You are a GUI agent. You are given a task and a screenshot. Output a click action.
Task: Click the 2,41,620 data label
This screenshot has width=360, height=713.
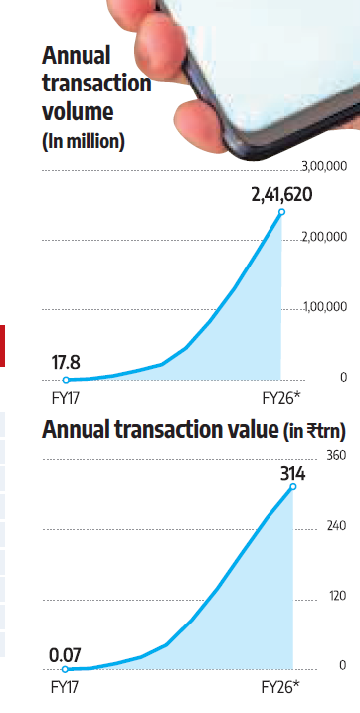(281, 195)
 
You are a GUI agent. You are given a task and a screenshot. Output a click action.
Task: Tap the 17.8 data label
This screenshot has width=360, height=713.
(66, 363)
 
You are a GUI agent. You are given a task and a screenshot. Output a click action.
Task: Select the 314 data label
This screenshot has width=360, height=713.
(292, 474)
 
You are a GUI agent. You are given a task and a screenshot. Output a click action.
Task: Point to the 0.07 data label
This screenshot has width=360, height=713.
(65, 655)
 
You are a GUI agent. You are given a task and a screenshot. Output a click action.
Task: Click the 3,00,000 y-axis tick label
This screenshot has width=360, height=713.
(324, 166)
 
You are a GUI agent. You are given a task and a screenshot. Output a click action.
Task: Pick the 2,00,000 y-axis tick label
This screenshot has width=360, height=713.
(324, 237)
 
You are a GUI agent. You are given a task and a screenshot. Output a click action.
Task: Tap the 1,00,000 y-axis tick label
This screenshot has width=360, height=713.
(325, 307)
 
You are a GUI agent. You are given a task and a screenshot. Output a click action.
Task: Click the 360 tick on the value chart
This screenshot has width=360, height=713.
(336, 455)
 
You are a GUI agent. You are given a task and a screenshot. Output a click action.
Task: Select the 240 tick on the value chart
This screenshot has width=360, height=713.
(336, 526)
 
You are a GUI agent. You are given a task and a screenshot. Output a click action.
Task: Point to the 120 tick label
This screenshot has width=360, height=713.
(337, 596)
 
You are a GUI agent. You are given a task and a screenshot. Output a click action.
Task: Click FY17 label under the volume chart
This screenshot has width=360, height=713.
(65, 398)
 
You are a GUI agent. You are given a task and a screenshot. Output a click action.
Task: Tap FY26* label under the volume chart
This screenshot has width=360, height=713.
(281, 398)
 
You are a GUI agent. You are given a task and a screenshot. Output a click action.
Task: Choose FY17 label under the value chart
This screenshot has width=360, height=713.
(64, 687)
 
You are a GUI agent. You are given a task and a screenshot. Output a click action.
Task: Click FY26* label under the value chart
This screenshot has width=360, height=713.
(280, 687)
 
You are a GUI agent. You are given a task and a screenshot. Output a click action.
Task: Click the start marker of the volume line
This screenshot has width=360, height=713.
(66, 380)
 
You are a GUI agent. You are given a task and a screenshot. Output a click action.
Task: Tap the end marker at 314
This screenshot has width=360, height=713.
(293, 487)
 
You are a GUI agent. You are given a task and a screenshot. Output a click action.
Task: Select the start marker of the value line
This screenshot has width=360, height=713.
(65, 669)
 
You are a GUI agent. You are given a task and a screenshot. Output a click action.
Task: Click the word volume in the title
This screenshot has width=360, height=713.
(78, 111)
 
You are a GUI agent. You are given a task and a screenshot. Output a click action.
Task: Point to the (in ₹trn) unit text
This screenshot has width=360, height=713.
(314, 431)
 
